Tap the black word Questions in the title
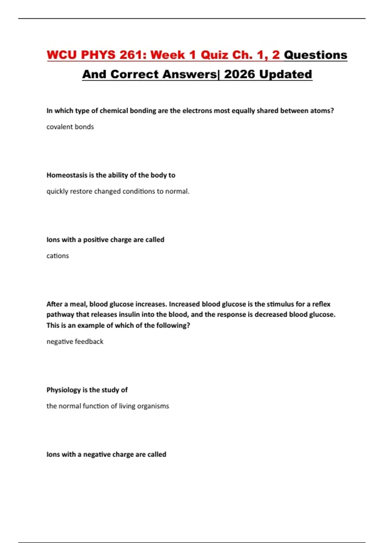[x=316, y=55]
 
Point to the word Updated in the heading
[x=285, y=74]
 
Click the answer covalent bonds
[x=70, y=127]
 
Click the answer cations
[x=58, y=256]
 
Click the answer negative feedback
[x=75, y=342]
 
